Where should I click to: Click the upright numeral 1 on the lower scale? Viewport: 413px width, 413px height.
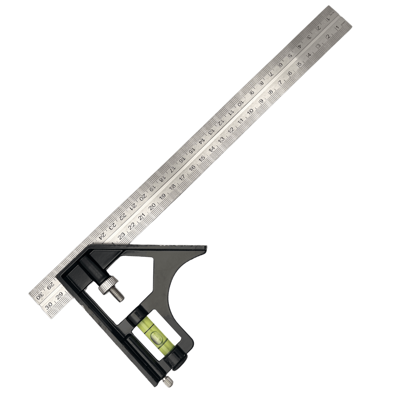click(337, 28)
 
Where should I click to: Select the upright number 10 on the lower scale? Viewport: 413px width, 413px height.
click(250, 111)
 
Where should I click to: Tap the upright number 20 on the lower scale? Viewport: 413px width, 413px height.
click(153, 207)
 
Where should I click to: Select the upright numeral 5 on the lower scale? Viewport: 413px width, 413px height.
click(299, 64)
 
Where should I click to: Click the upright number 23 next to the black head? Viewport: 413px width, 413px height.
click(122, 236)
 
